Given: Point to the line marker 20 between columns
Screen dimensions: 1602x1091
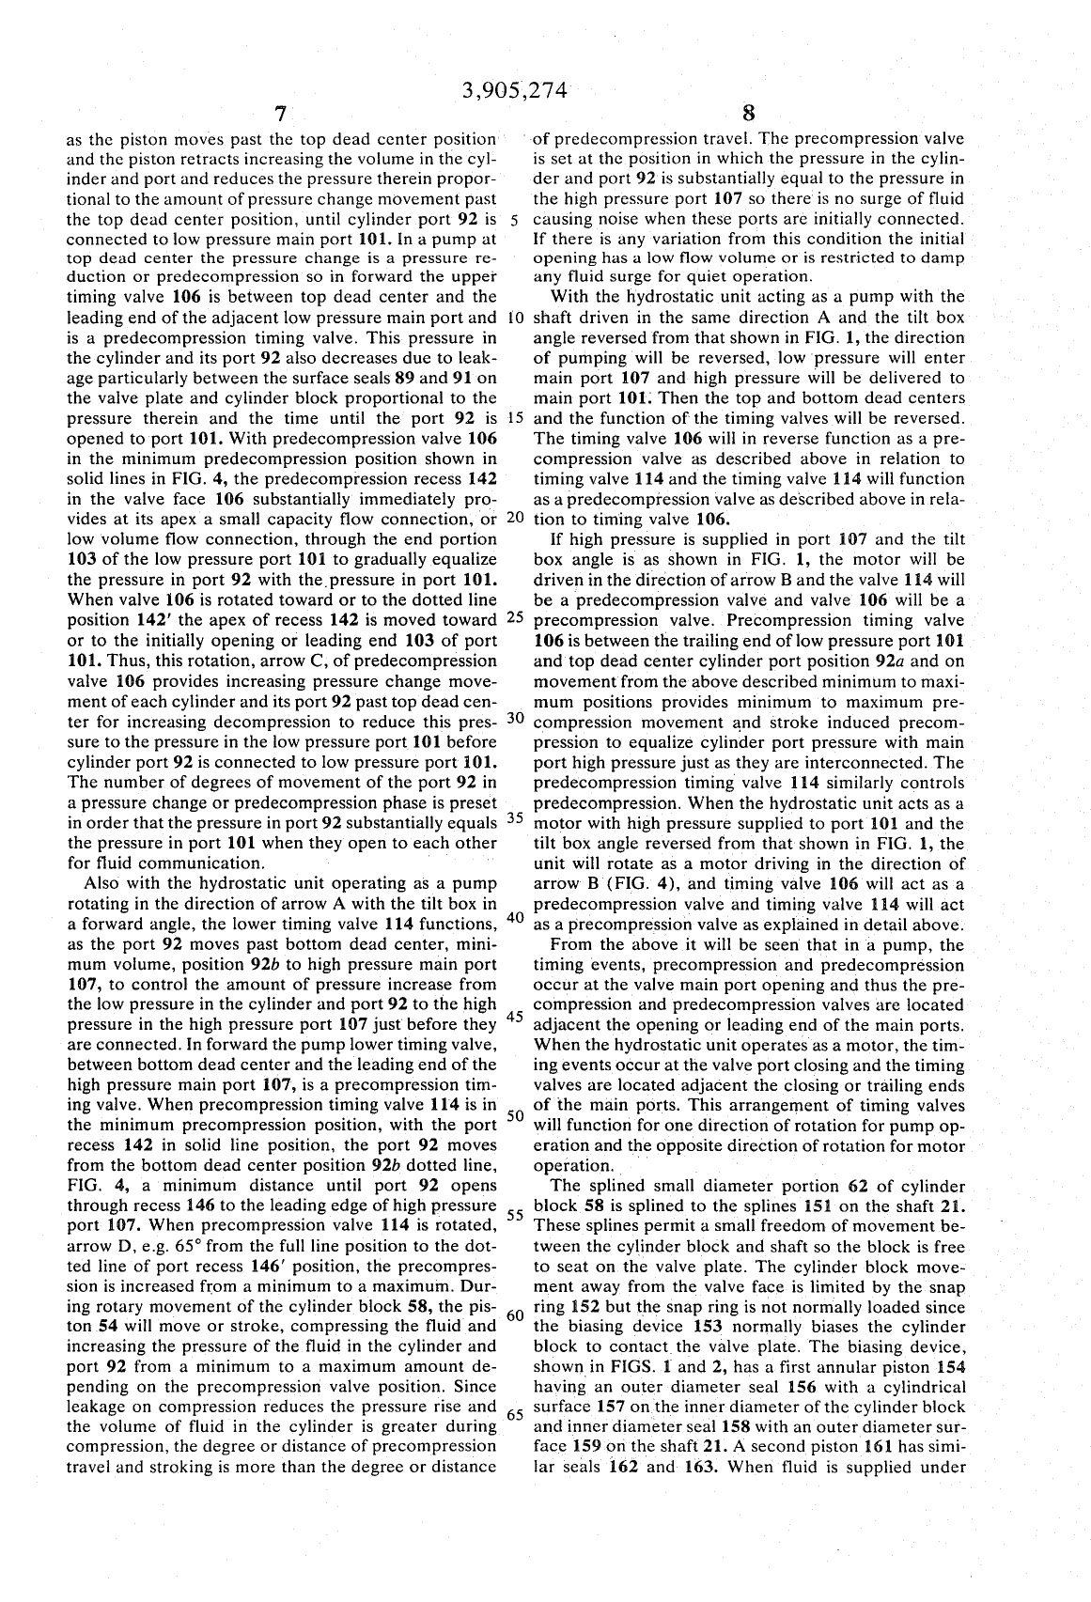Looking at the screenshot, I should click(x=515, y=518).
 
